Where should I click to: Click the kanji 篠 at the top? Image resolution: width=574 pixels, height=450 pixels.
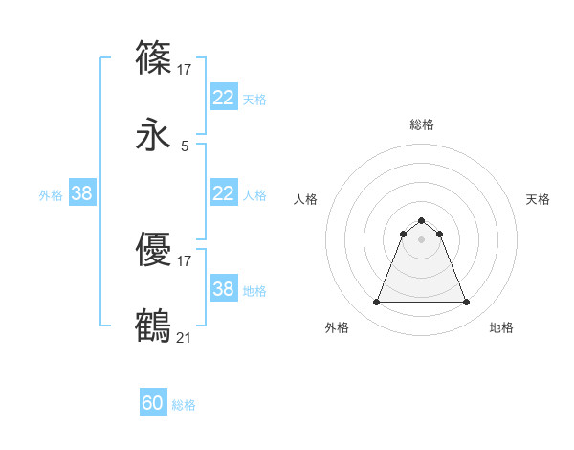[x=154, y=58]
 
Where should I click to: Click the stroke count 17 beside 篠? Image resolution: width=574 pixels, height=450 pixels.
[x=185, y=69]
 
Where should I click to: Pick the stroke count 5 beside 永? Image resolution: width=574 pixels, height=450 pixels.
[x=185, y=146]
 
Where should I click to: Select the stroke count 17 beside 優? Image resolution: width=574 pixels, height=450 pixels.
[x=185, y=260]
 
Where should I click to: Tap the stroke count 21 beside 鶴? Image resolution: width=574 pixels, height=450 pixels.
[x=185, y=337]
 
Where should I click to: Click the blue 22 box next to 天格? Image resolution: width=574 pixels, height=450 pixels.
[x=223, y=98]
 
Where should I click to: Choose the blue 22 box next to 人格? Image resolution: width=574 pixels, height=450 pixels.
[x=223, y=193]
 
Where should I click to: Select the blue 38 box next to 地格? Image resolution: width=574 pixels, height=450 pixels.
[x=223, y=289]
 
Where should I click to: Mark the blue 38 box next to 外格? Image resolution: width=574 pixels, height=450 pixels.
[x=82, y=193]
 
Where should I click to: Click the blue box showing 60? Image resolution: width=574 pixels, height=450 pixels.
[x=153, y=404]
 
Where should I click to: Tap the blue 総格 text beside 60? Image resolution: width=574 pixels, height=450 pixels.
[x=184, y=405]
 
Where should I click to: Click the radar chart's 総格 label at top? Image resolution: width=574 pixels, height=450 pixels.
[x=421, y=124]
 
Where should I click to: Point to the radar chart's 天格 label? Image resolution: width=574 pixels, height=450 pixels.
[x=538, y=199]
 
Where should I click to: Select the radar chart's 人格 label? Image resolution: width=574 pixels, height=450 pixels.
[x=305, y=199]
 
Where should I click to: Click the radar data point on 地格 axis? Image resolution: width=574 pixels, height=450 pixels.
[x=467, y=303]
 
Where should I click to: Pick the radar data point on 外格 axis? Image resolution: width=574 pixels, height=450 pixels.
[x=376, y=303]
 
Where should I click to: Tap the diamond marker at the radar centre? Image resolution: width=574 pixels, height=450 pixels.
[x=421, y=239]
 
